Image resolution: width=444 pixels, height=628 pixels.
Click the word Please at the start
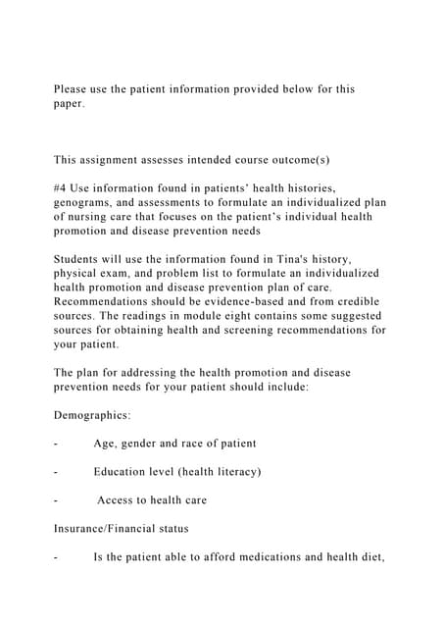coord(70,89)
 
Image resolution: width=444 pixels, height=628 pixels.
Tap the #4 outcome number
coord(61,187)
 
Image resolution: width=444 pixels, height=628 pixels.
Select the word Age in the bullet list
coord(105,444)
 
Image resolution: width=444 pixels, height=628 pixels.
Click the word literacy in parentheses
coord(234,472)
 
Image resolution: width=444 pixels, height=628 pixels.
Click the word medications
coord(254,557)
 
